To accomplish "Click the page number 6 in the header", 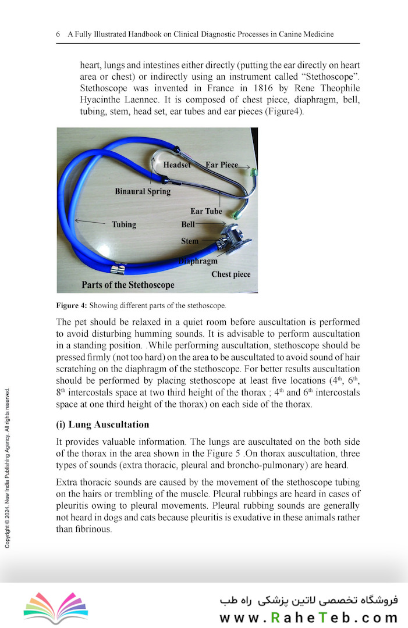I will point(58,34).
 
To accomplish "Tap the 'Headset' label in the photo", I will point(177,165).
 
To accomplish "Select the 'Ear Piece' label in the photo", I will point(221,165).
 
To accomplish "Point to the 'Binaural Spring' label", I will point(143,191).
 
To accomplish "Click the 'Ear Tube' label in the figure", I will point(206,212).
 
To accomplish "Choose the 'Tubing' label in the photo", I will point(123,224).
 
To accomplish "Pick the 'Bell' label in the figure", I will point(188,223).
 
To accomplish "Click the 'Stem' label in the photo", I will point(190,241).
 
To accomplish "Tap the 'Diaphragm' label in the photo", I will point(198,261).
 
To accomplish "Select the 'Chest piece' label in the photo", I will point(231,274).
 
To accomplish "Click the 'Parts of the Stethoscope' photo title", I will point(128,286).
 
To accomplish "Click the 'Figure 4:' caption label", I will point(72,305).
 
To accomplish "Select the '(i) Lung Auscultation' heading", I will point(102,424).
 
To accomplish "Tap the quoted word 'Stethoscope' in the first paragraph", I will point(329,76).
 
